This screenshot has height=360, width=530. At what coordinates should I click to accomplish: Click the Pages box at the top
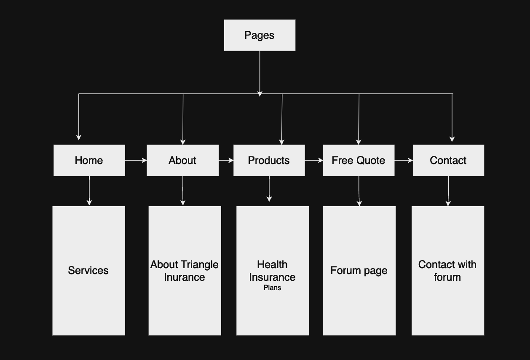pyautogui.click(x=260, y=35)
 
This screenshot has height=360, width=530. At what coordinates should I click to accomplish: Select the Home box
pyautogui.click(x=89, y=160)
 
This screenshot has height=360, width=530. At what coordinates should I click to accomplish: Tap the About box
pyautogui.click(x=182, y=160)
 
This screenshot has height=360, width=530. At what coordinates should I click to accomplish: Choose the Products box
pyautogui.click(x=269, y=160)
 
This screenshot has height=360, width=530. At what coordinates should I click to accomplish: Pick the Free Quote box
pyautogui.click(x=359, y=160)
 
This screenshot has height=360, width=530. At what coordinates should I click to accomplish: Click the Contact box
pyautogui.click(x=448, y=160)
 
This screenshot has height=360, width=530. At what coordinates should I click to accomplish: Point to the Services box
pyautogui.click(x=88, y=271)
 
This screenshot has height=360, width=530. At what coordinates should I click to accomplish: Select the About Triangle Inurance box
pyautogui.click(x=185, y=271)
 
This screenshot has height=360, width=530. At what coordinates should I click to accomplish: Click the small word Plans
pyautogui.click(x=272, y=288)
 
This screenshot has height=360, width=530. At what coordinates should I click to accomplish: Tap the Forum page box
pyautogui.click(x=359, y=271)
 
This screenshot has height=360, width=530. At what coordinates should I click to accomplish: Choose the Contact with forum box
pyautogui.click(x=447, y=271)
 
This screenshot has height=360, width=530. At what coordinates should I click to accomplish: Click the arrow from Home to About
pyautogui.click(x=136, y=160)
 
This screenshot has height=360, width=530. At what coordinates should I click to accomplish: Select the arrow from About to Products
pyautogui.click(x=226, y=160)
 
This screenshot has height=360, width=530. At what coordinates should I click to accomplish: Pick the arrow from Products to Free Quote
pyautogui.click(x=314, y=160)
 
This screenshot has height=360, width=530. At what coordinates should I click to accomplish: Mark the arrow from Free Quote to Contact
pyautogui.click(x=404, y=160)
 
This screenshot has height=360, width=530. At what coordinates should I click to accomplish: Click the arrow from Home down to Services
pyautogui.click(x=89, y=191)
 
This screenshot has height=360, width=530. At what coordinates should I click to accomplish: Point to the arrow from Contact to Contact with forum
pyautogui.click(x=448, y=191)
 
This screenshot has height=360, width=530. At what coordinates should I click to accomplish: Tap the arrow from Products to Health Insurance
pyautogui.click(x=269, y=189)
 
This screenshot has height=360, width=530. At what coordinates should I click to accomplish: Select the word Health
pyautogui.click(x=272, y=265)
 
